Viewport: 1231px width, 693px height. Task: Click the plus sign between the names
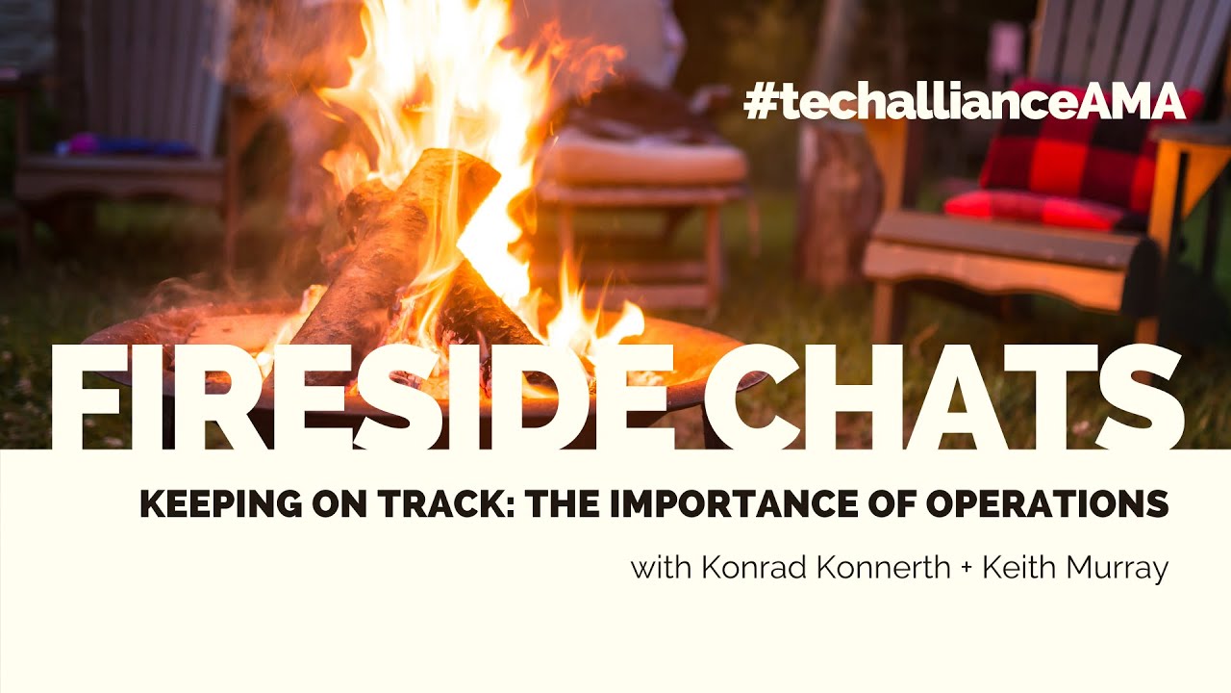pos(967,569)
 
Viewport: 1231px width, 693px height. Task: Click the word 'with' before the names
pos(661,568)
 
